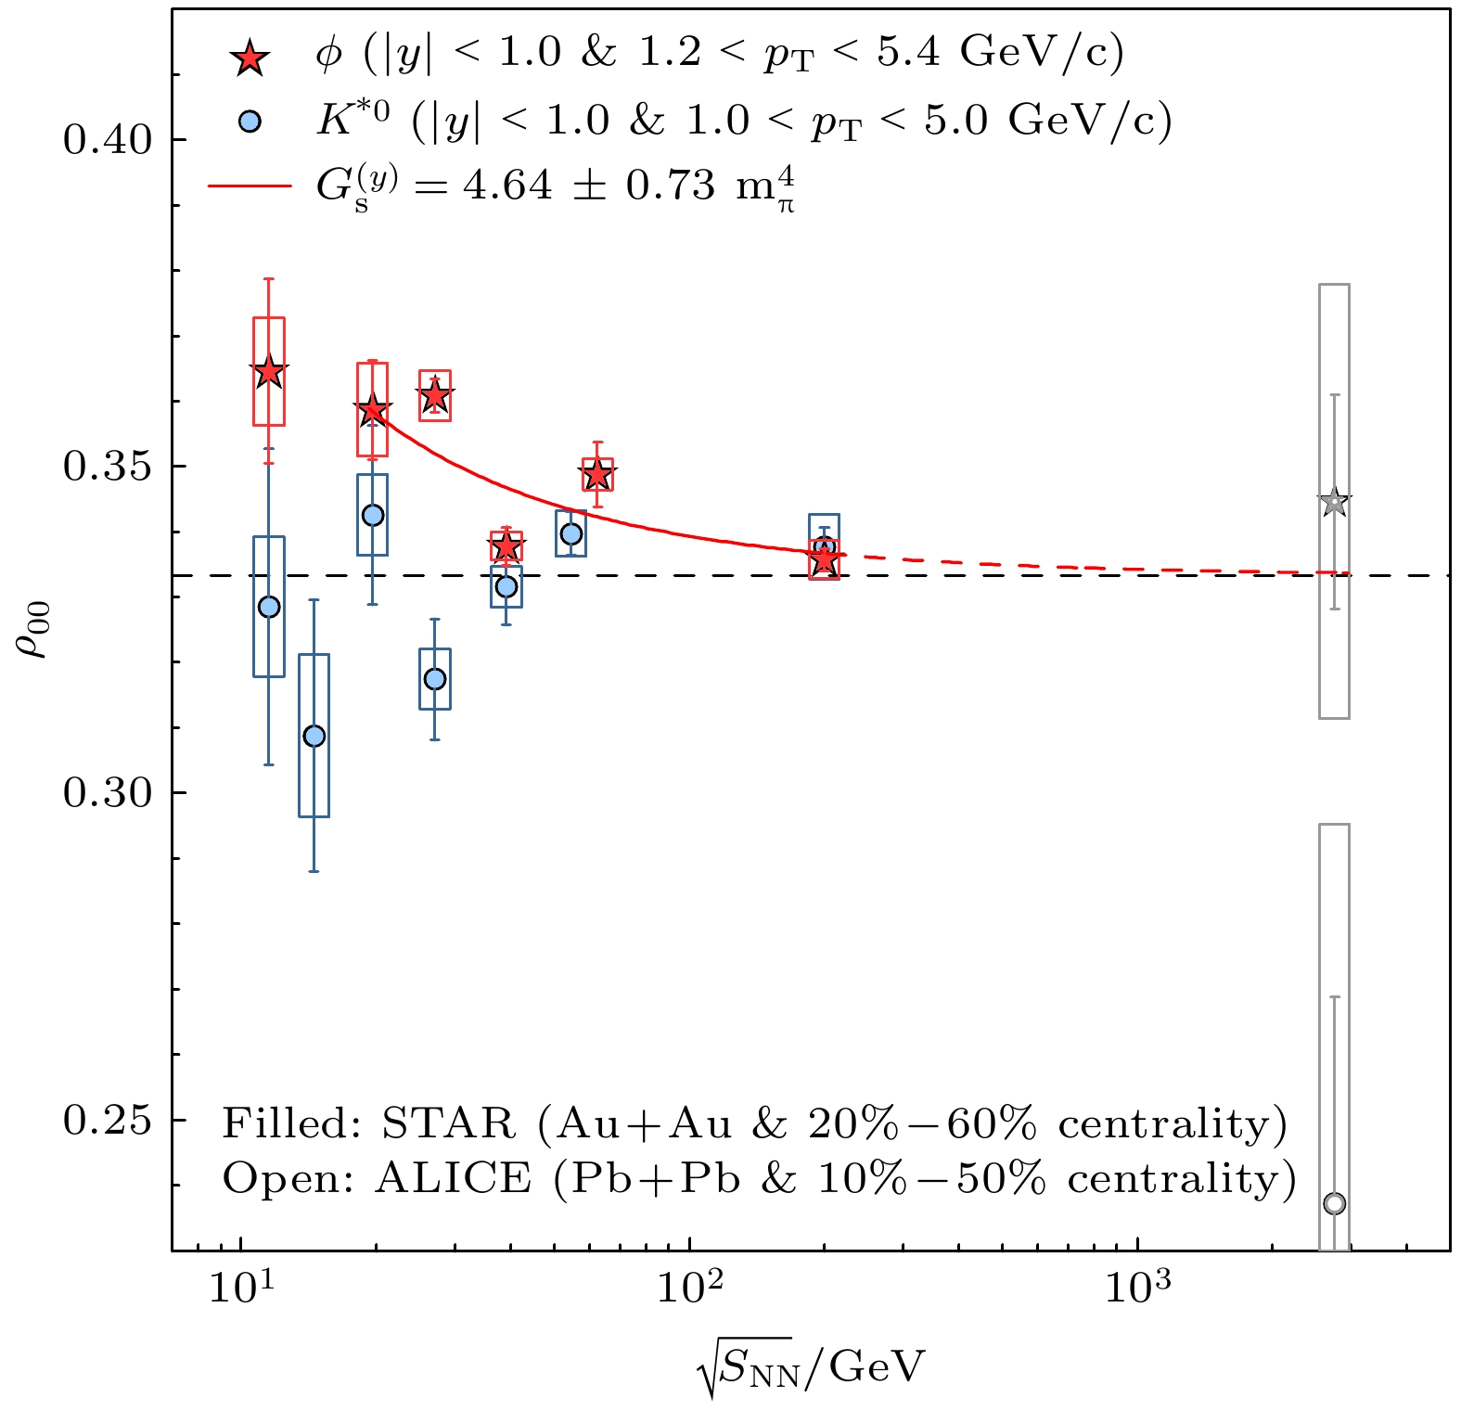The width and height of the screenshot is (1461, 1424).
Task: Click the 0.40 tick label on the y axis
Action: point(107,140)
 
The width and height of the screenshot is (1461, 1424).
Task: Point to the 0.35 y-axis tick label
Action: point(107,467)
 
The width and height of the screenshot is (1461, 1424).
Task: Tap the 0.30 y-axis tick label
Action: point(107,794)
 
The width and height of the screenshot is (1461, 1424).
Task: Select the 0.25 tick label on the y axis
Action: point(107,1121)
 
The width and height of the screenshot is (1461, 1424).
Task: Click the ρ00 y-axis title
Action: point(35,631)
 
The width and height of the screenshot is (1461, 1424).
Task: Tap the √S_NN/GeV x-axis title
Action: point(812,1367)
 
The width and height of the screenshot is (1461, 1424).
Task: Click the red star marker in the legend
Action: point(250,58)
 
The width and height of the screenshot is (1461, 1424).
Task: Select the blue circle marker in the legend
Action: point(250,122)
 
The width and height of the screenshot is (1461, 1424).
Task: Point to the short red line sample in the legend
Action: point(250,186)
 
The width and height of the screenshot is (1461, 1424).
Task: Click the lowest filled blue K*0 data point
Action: point(314,737)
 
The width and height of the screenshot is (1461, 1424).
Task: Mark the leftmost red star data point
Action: point(269,372)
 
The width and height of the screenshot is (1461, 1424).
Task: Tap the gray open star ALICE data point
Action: point(1334,503)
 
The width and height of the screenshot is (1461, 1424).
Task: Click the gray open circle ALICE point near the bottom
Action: point(1334,1204)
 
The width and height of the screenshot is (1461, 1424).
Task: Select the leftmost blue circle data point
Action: point(269,608)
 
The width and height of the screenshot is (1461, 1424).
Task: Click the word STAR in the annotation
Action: point(448,1124)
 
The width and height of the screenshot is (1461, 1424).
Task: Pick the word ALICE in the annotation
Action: point(454,1180)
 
